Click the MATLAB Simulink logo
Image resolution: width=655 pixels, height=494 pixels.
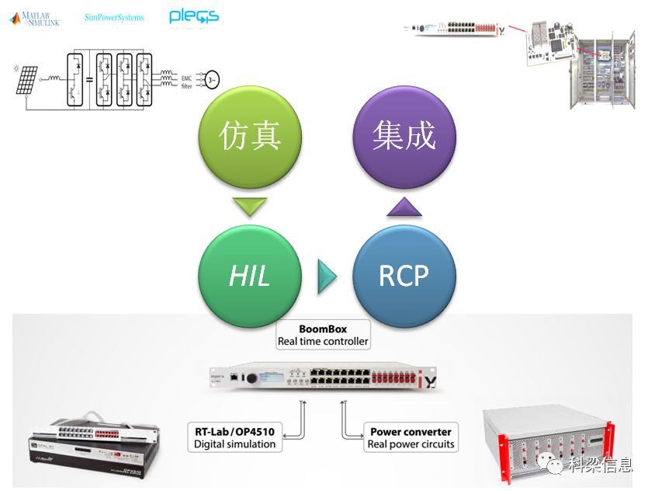[x=36, y=18]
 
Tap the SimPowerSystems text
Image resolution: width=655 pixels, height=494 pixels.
[x=114, y=17]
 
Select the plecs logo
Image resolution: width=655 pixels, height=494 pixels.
[x=193, y=16]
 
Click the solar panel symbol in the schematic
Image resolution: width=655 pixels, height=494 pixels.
[x=26, y=80]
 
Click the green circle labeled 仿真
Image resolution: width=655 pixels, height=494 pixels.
[x=250, y=137]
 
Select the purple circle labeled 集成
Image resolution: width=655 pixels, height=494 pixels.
[x=404, y=137]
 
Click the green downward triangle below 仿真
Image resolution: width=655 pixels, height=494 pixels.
[x=250, y=207]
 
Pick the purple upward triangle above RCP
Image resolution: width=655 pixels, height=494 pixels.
[x=404, y=207]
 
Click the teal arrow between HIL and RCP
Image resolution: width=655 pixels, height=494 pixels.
[x=327, y=277]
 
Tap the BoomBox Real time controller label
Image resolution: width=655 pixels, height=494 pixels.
[x=323, y=335]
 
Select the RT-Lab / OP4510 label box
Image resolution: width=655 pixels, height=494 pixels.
[x=235, y=437]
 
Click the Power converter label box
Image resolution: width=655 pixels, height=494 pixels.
[x=411, y=437]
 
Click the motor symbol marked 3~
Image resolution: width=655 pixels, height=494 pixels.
[x=211, y=79]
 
